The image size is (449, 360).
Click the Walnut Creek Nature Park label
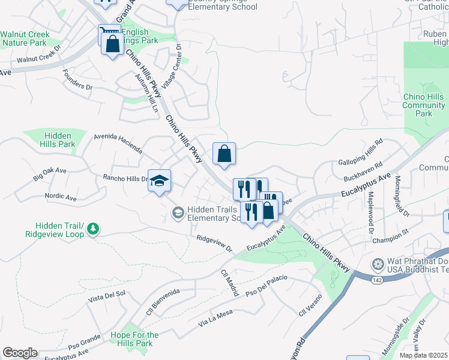click(x=24, y=39)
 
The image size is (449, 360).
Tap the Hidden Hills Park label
click(x=58, y=140)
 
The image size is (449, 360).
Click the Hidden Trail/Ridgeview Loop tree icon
click(x=93, y=229)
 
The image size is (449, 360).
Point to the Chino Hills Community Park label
click(x=424, y=105)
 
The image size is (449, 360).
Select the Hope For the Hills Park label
click(x=135, y=339)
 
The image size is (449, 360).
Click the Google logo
click(x=20, y=353)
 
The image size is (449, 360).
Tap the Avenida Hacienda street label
click(x=118, y=143)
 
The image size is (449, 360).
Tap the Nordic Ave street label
click(x=61, y=197)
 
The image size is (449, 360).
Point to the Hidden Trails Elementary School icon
click(x=178, y=212)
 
